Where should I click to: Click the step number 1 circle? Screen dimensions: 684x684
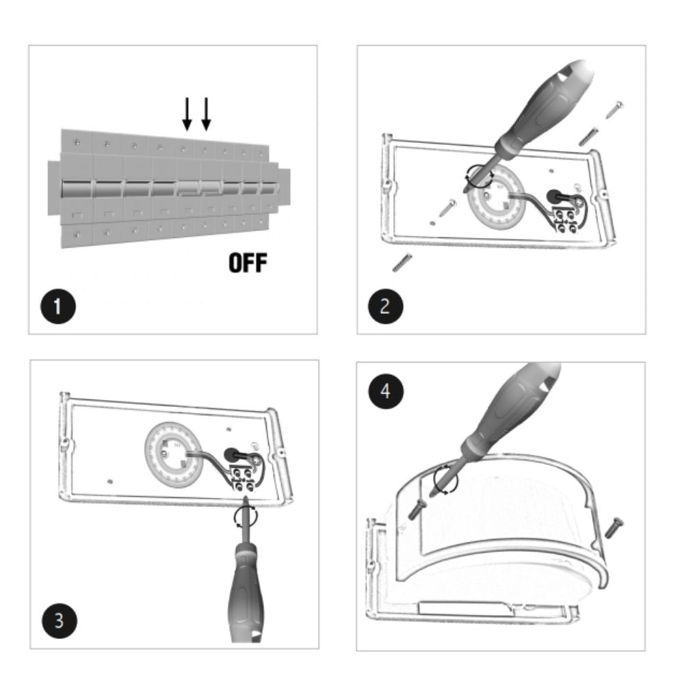[x=58, y=306]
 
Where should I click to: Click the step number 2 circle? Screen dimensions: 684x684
[x=385, y=306]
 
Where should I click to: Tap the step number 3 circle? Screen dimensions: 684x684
[x=60, y=620]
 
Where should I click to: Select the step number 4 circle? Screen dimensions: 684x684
[x=386, y=391]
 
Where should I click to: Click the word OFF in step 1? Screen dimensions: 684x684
[x=248, y=263]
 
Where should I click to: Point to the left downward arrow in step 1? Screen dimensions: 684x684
[x=187, y=114]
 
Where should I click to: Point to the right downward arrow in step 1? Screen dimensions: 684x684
[x=206, y=114]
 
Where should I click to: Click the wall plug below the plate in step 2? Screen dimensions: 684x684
[x=403, y=262]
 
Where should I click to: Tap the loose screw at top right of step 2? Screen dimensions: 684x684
[x=615, y=109]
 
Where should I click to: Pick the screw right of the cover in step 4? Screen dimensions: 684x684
[x=614, y=527]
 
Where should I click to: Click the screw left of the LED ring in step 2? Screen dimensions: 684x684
[x=447, y=208]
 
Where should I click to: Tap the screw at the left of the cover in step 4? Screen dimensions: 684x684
[x=417, y=509]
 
